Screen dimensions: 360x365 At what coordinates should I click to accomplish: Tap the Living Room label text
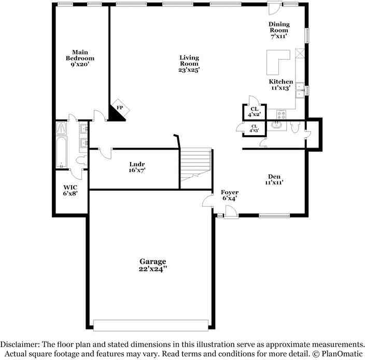pyautogui.click(x=189, y=63)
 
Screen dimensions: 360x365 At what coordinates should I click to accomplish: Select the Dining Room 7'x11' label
pyautogui.click(x=279, y=31)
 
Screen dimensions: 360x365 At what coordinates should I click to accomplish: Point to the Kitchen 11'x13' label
pyautogui.click(x=280, y=85)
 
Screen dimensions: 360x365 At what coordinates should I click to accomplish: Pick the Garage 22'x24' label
pyautogui.click(x=152, y=265)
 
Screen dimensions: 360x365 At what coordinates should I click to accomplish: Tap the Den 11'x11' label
pyautogui.click(x=274, y=179)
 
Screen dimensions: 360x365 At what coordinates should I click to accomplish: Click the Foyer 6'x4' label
pyautogui.click(x=230, y=195)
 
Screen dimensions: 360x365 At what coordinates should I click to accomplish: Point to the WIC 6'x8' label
pyautogui.click(x=71, y=190)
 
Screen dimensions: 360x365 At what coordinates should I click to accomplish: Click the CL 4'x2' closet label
pyautogui.click(x=255, y=111)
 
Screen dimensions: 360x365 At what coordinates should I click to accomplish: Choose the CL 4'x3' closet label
pyautogui.click(x=255, y=128)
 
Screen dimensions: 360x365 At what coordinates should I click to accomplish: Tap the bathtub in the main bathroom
pyautogui.click(x=61, y=151)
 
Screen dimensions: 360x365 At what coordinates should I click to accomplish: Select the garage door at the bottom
pyautogui.click(x=152, y=325)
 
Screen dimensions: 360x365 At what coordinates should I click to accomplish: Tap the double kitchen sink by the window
pyautogui.click(x=300, y=91)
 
